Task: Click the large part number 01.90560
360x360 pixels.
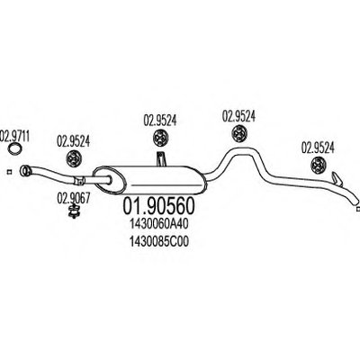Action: (x=159, y=206)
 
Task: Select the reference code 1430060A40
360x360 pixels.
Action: (x=159, y=224)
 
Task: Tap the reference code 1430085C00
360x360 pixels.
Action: (x=159, y=242)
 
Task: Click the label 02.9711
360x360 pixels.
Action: (x=14, y=136)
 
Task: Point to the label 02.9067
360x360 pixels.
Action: (x=73, y=199)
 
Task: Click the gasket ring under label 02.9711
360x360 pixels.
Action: (x=15, y=149)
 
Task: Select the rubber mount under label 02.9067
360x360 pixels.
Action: (x=73, y=211)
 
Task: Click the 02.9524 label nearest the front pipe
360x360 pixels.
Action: (x=73, y=141)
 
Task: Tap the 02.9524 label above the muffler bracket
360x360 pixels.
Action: (x=160, y=120)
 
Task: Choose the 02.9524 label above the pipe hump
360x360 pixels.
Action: (x=238, y=116)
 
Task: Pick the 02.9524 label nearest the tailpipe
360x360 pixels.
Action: (x=318, y=148)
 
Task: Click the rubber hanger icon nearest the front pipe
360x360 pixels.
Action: (x=74, y=158)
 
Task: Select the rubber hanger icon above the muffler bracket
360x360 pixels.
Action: (x=161, y=138)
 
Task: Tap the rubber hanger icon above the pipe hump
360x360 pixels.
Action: (x=239, y=133)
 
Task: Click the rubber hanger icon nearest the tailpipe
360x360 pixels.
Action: (x=319, y=166)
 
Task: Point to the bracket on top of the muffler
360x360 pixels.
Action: (x=161, y=159)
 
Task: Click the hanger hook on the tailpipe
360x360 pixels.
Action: (x=336, y=178)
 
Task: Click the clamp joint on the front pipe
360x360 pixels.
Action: (x=80, y=181)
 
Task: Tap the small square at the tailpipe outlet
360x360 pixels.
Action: (x=357, y=209)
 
